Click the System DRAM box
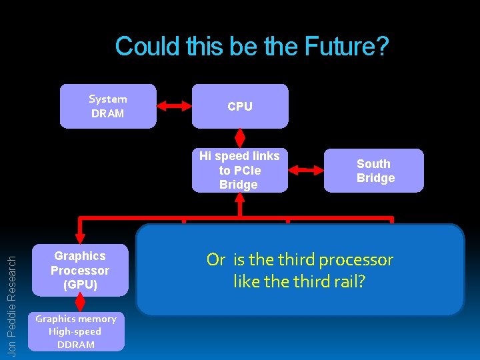click(x=107, y=105)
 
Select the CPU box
click(x=240, y=106)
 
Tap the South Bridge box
click(x=375, y=171)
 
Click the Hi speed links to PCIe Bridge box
click(x=239, y=170)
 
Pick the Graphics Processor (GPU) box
click(x=80, y=270)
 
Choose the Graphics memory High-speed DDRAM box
click(x=76, y=331)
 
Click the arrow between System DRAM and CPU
click(x=174, y=105)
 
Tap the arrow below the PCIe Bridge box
click(x=240, y=204)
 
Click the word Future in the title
click(x=346, y=47)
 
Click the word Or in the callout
click(x=216, y=259)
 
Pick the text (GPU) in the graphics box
click(x=80, y=285)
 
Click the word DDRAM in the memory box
click(x=76, y=344)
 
